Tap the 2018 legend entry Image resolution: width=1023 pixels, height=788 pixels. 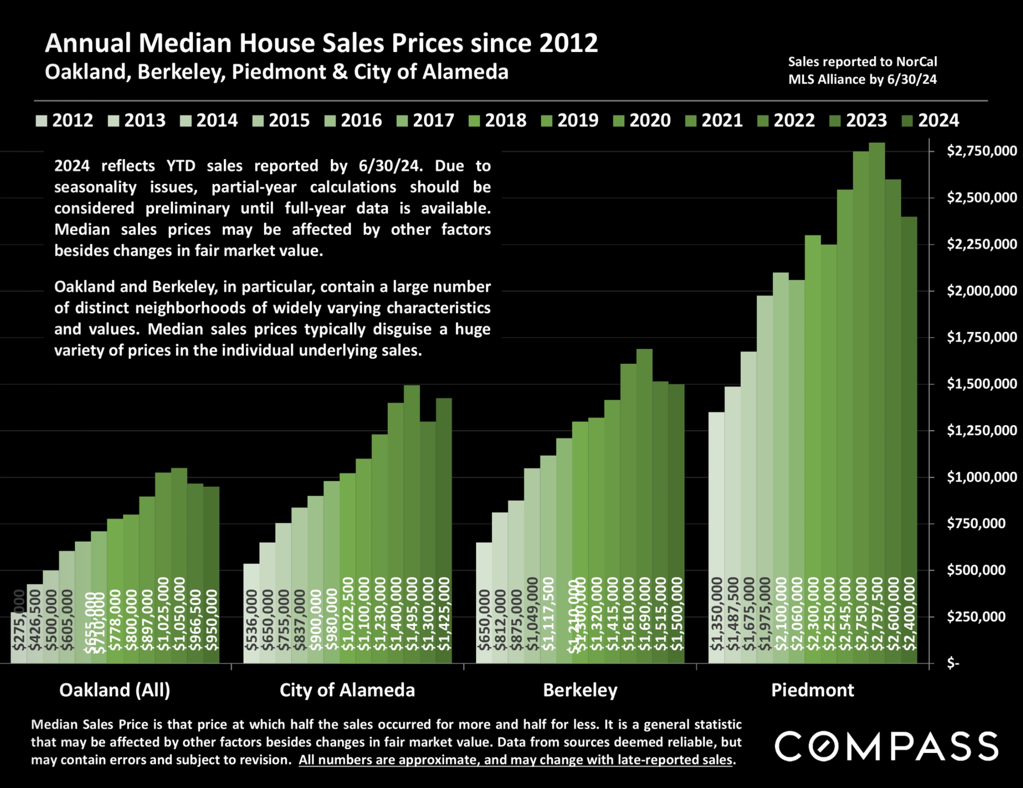click(x=498, y=120)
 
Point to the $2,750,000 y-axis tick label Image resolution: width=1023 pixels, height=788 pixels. click(x=981, y=151)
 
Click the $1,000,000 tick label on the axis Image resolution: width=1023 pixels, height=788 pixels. click(x=981, y=477)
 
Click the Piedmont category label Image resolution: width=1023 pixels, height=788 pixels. click(x=812, y=690)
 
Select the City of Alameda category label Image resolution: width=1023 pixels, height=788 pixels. click(x=347, y=690)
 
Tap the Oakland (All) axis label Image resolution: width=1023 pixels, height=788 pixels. click(x=114, y=690)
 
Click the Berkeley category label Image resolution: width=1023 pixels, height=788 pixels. click(x=580, y=690)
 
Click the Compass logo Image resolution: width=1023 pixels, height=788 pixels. click(x=886, y=747)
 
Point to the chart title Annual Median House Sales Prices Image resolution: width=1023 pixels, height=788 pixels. click(x=321, y=43)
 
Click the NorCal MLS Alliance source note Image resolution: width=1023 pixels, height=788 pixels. click(x=862, y=71)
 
